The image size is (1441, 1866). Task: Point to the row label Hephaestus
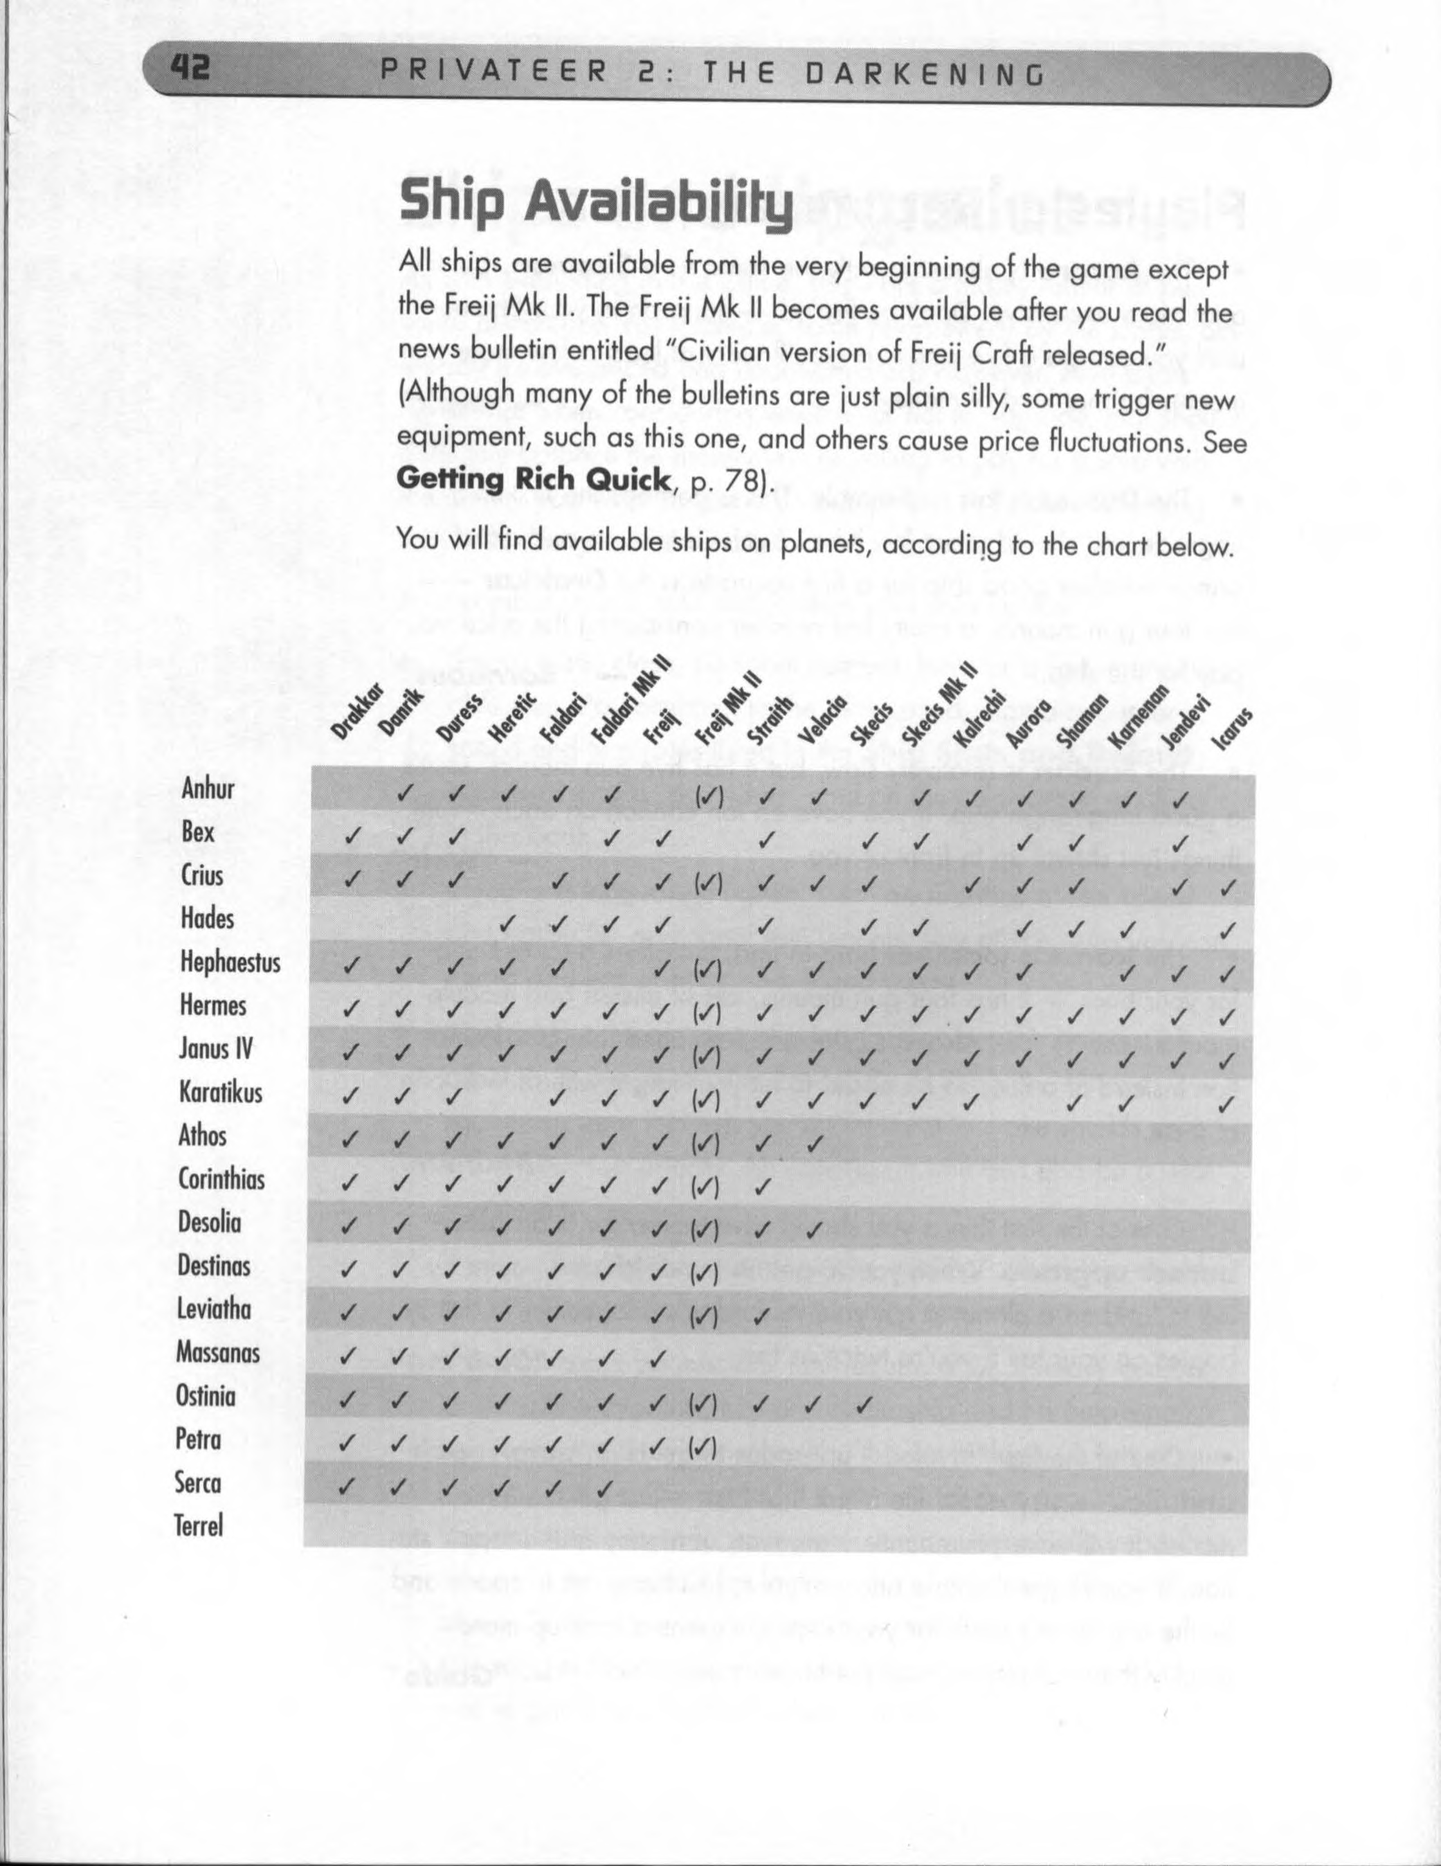coord(230,963)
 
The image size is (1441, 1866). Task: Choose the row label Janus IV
coord(216,1049)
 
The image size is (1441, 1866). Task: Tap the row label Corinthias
coord(221,1179)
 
